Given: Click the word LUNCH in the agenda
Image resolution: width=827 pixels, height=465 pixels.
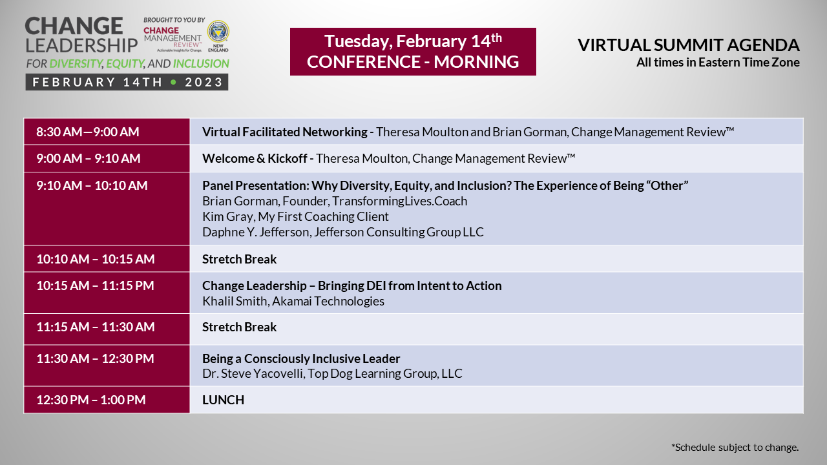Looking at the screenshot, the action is pos(223,400).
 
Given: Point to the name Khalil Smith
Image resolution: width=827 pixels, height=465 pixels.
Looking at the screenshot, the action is pos(235,301).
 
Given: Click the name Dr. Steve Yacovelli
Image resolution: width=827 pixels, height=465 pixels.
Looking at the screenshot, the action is pos(253,373).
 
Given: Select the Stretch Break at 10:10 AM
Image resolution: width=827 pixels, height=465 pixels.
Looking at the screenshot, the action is pos(239,259).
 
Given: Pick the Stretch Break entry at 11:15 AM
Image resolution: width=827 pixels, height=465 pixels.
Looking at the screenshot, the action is pos(239,327).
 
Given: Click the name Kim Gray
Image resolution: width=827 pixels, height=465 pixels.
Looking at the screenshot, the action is pos(227,216).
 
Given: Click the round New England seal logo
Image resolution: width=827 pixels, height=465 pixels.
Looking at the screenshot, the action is pos(218,32).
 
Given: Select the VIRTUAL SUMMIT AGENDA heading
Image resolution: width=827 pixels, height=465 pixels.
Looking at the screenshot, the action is pos(689,45).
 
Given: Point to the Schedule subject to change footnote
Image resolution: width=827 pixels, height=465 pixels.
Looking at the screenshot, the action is pos(735,448).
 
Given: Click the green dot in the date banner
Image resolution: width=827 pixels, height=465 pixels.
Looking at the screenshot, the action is pos(173,82).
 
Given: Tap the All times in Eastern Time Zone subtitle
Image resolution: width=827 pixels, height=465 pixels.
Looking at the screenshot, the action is pos(718,63).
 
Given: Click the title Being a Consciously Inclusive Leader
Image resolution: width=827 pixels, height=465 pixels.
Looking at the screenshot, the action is pos(301,358).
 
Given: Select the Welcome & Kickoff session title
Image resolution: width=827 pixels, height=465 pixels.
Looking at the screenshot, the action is pos(255,158).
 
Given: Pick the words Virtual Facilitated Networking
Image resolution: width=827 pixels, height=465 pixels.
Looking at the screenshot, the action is pos(285,132).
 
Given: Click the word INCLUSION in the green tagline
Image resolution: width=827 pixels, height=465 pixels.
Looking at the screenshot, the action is pos(201,63).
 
